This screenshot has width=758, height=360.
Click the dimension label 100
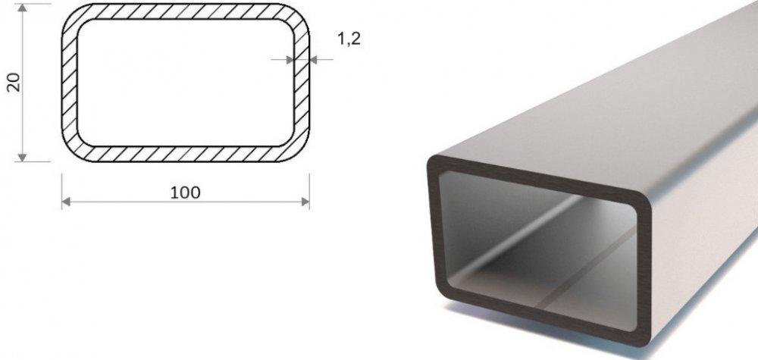(185, 193)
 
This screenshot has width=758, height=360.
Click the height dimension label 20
(14, 82)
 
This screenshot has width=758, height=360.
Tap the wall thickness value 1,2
(349, 39)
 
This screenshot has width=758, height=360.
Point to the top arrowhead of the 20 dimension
(22, 8)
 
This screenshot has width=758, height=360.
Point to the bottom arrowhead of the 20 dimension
(22, 158)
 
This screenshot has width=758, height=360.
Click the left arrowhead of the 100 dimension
(66, 202)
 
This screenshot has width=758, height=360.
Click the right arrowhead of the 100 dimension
(305, 202)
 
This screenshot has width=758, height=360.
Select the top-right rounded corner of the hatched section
(299, 14)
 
